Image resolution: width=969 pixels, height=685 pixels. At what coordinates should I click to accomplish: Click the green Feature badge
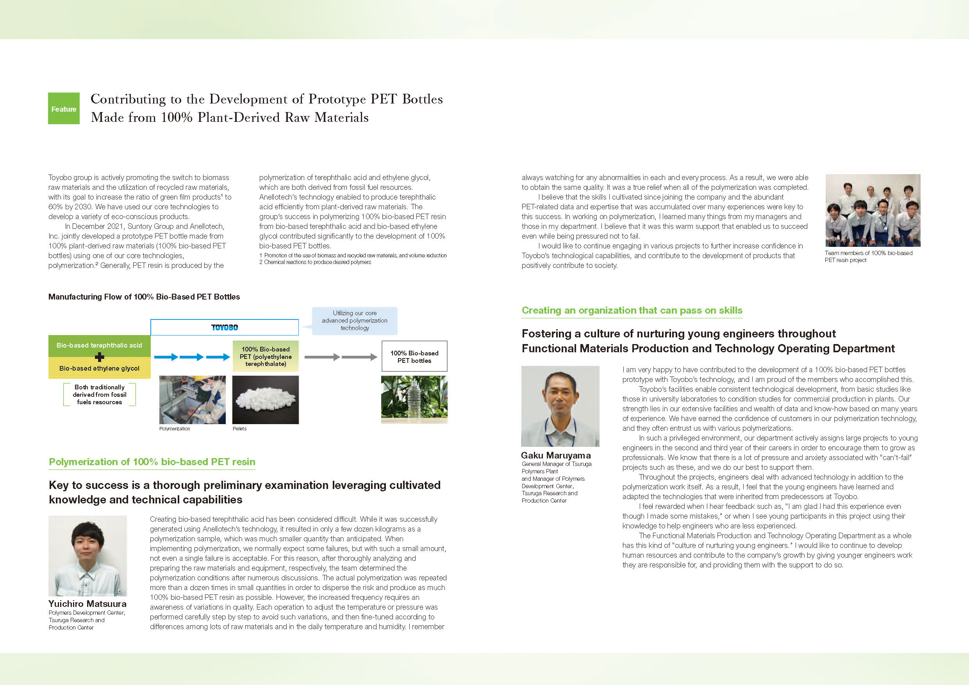(64, 109)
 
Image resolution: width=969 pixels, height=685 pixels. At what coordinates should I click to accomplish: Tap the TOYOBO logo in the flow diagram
(225, 328)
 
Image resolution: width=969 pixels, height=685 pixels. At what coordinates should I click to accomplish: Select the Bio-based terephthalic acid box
(99, 346)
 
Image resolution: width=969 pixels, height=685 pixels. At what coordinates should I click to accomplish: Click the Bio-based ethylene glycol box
(99, 368)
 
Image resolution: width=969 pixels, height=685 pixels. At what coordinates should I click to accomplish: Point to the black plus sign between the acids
(100, 357)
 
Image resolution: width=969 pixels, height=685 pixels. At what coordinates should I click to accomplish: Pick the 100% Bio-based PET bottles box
(414, 357)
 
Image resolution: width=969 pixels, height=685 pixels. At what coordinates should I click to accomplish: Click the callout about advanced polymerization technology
(355, 321)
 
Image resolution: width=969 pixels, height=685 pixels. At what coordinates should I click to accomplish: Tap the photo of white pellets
(266, 400)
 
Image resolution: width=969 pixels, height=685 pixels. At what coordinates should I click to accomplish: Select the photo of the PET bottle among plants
(414, 400)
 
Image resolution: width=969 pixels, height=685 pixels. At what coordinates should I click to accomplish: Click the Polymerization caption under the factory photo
(174, 429)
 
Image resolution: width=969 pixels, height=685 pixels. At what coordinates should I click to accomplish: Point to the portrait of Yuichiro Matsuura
(87, 555)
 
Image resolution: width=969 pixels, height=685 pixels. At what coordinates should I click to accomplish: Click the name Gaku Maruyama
(555, 455)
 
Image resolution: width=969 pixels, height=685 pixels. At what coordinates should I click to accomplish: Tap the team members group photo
(873, 210)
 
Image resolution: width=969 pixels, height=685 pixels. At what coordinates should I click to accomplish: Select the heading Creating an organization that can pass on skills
(632, 310)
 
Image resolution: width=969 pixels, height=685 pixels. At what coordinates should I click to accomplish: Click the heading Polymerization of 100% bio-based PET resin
(152, 462)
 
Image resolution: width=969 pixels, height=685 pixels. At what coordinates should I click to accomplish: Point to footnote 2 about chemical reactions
(315, 262)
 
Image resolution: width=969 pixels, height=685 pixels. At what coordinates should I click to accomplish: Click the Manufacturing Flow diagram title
(144, 297)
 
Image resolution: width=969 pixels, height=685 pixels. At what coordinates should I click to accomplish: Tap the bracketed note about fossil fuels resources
(100, 394)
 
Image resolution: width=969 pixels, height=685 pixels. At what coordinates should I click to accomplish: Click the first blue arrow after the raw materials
(166, 357)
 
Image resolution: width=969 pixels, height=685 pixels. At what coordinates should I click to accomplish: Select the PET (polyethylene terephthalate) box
(266, 357)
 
